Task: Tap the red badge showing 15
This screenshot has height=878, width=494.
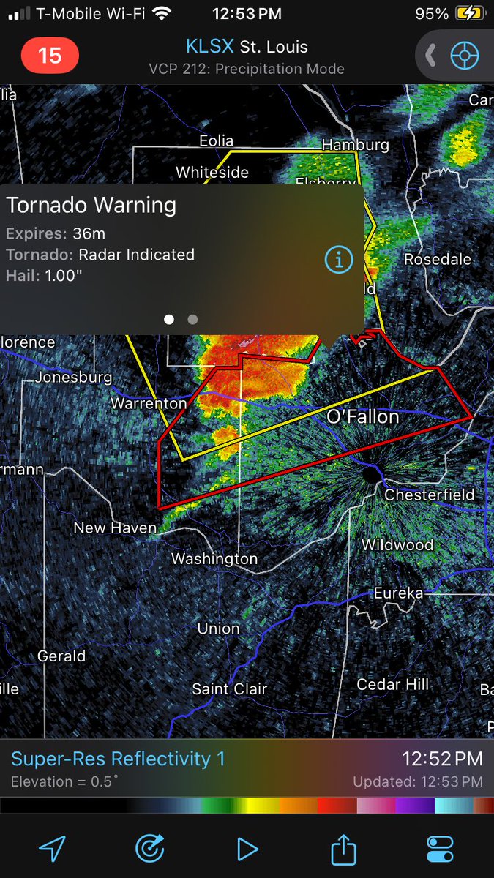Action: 50,56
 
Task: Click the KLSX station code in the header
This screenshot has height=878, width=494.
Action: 210,47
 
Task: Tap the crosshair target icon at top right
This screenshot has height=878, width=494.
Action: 464,56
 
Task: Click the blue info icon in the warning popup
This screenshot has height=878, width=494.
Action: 338,259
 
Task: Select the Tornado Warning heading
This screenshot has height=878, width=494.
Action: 91,205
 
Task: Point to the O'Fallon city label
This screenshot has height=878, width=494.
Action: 363,416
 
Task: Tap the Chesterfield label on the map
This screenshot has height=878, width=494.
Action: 430,495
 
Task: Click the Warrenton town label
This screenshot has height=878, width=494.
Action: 149,403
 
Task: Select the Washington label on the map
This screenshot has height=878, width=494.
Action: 214,559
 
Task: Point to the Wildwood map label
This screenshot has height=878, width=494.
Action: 397,545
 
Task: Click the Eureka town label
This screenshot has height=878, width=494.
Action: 398,593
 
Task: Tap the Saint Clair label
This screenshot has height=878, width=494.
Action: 230,688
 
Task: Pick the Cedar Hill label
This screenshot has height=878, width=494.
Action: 393,685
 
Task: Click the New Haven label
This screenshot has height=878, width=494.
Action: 115,528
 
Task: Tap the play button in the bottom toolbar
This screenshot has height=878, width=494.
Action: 247,849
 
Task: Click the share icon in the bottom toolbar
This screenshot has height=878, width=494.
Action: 343,849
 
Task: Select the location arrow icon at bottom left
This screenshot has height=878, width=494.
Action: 53,849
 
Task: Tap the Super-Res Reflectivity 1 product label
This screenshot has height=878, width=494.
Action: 119,759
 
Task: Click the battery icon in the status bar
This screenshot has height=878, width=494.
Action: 469,13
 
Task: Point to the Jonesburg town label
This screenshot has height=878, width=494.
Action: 73,378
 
